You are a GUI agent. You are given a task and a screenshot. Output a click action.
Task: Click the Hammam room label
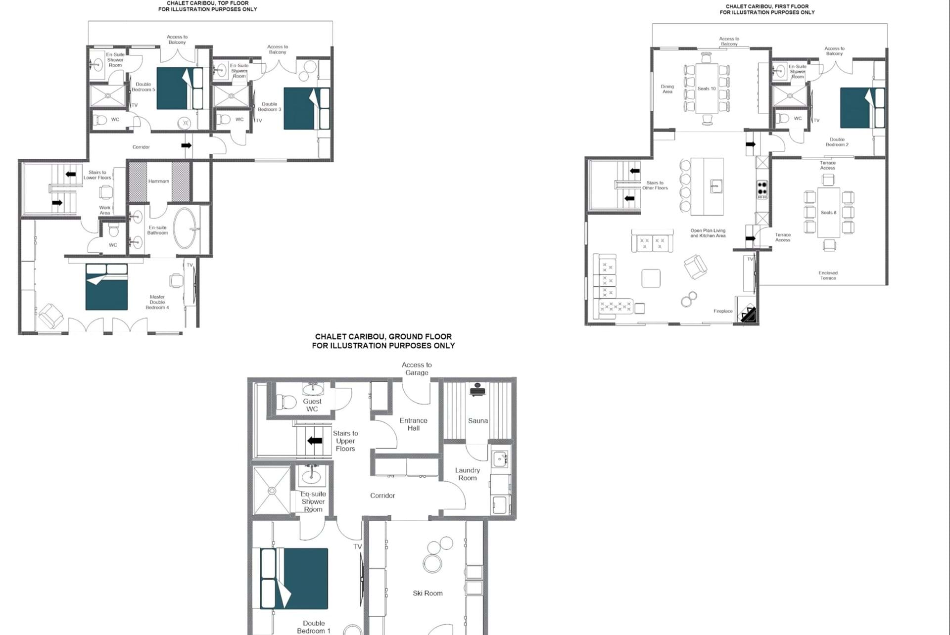tap(159, 181)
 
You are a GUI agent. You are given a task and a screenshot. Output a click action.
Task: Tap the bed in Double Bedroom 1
tap(294, 579)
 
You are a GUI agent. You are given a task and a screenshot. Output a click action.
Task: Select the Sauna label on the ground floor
tap(478, 421)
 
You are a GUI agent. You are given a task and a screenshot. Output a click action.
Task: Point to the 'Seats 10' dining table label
tap(707, 89)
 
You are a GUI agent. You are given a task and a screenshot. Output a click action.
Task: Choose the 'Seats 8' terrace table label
tap(828, 213)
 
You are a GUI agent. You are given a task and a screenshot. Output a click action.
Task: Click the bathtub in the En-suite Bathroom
tap(186, 228)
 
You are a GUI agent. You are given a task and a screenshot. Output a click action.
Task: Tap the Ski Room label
tap(427, 593)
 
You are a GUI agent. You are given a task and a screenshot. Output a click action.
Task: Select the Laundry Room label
tap(468, 474)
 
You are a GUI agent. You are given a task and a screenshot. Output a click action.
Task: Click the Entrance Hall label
tap(414, 424)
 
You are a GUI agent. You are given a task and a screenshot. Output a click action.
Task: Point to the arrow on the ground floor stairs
tap(315, 441)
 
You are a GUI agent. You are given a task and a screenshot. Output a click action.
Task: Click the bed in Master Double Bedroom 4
tap(107, 287)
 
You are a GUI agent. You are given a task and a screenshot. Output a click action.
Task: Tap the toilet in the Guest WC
tap(285, 401)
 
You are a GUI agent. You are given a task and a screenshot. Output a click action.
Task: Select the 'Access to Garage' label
tap(417, 369)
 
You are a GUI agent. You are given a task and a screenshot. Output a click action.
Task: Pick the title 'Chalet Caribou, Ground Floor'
tap(383, 337)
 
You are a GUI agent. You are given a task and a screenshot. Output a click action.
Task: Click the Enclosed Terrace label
tap(828, 275)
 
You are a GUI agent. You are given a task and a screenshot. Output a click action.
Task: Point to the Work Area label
tap(105, 211)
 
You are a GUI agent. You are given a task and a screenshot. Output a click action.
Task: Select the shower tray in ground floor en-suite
tap(272, 491)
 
